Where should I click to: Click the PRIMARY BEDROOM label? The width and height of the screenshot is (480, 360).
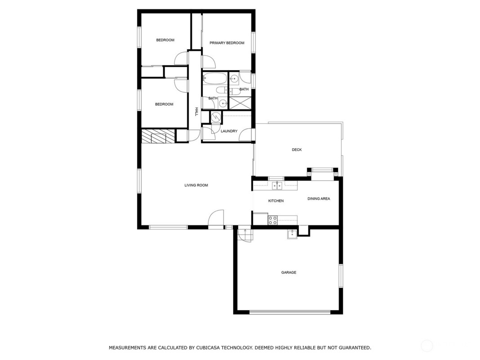227,43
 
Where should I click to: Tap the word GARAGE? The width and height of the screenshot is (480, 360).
289,272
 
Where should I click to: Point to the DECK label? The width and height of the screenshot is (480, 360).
296,150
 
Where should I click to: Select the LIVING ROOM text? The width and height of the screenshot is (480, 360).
196,185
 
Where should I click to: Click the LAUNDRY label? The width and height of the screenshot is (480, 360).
229,131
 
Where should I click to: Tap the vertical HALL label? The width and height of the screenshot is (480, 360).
197,112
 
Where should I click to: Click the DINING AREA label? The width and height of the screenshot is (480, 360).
319,198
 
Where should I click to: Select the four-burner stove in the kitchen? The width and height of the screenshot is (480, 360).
273,220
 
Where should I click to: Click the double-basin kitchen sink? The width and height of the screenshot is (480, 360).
278,185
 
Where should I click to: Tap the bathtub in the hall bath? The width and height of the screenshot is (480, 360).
215,78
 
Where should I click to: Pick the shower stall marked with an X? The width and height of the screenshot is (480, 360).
240,102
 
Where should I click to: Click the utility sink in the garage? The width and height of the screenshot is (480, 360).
292,234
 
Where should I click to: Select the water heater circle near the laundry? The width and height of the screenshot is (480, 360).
216,117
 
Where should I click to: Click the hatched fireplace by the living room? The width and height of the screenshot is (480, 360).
158,136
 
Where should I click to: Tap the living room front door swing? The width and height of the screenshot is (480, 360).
216,219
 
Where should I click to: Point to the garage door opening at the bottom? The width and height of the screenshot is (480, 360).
290,312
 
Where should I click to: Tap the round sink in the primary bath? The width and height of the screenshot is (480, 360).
234,79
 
